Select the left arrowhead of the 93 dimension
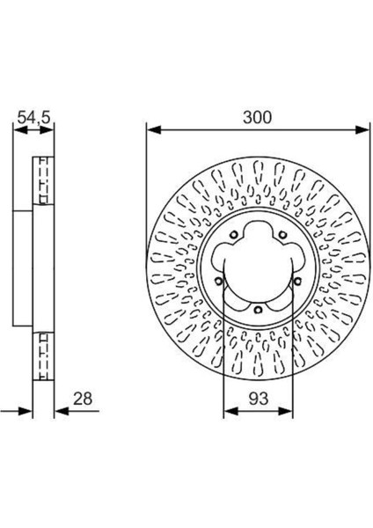tap(229, 410)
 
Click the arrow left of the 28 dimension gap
tap(28, 410)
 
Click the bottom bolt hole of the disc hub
tap(254, 309)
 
